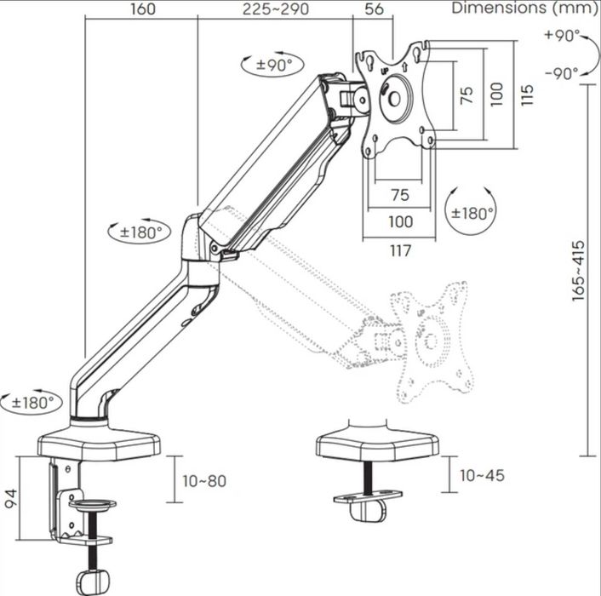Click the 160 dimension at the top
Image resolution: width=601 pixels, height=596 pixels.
(x=142, y=9)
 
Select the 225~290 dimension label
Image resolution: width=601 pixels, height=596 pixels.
(x=276, y=9)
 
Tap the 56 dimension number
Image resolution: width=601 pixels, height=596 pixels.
(x=374, y=9)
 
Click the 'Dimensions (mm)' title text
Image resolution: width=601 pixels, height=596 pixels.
(x=524, y=8)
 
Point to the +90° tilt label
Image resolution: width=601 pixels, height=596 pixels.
(x=563, y=35)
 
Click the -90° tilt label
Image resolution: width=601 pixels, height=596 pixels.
(x=562, y=73)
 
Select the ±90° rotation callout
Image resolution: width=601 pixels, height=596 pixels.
(x=272, y=65)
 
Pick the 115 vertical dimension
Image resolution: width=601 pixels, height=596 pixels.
(x=527, y=95)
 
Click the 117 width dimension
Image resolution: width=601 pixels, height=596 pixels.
(x=400, y=251)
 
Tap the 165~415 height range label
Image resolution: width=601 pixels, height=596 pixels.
(x=578, y=271)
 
